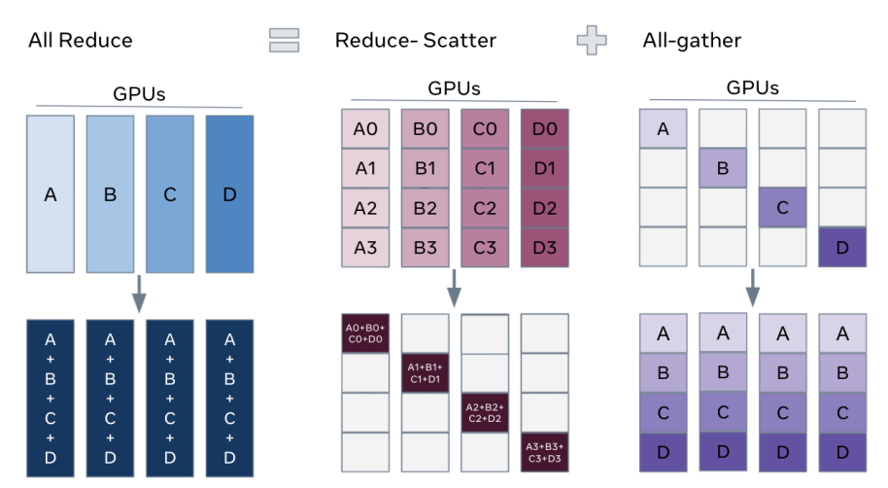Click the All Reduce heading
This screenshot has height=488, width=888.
pyautogui.click(x=81, y=41)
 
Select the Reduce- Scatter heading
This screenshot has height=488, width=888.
pyautogui.click(x=415, y=41)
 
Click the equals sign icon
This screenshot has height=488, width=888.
pyautogui.click(x=284, y=40)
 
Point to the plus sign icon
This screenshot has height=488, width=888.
pyautogui.click(x=591, y=40)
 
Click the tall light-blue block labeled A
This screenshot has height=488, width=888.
pyautogui.click(x=51, y=194)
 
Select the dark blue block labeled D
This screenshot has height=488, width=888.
pyautogui.click(x=229, y=194)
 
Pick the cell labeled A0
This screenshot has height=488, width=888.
pyautogui.click(x=365, y=128)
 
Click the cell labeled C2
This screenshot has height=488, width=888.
pyautogui.click(x=485, y=207)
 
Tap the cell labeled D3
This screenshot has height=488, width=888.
pyautogui.click(x=545, y=247)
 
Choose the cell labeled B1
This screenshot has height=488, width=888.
pyautogui.click(x=426, y=168)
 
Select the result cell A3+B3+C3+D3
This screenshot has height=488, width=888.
pyautogui.click(x=545, y=451)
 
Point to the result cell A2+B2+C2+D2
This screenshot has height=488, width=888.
pyautogui.click(x=485, y=412)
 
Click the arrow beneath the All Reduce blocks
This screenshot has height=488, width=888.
pyautogui.click(x=140, y=293)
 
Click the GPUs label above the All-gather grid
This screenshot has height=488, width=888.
pyautogui.click(x=752, y=87)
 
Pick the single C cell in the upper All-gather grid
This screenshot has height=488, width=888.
pyautogui.click(x=782, y=207)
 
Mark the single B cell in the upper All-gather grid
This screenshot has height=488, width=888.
pyautogui.click(x=722, y=168)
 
